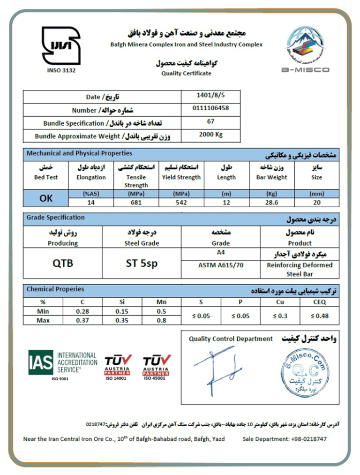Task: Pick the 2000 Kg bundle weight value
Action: tap(210, 135)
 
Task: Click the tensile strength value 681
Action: tap(136, 203)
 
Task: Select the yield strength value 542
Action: tap(181, 203)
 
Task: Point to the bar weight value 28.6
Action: tap(271, 203)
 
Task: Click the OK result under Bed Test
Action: tap(46, 198)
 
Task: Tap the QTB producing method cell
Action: tap(62, 263)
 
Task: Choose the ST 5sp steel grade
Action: tap(142, 263)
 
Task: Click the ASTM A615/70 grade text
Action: tap(220, 265)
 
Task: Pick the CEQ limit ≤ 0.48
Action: tap(319, 316)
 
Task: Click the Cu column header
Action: tap(280, 302)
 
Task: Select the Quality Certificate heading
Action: tap(186, 73)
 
